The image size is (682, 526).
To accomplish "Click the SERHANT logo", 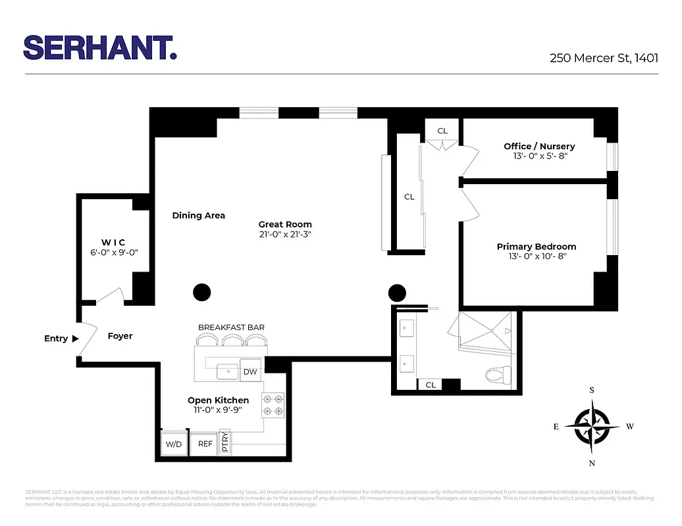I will tap(100, 47).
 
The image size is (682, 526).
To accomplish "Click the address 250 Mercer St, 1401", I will tap(604, 57).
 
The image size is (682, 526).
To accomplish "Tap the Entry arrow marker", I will tap(74, 339).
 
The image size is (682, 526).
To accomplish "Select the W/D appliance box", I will tap(174, 444).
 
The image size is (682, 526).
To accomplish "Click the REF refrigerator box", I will tap(205, 444).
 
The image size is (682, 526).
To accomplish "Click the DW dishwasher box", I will tap(249, 371).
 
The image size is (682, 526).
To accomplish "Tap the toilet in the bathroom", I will tap(494, 375).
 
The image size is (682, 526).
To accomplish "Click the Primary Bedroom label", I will tap(536, 247).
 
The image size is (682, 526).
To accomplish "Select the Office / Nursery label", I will tap(539, 146).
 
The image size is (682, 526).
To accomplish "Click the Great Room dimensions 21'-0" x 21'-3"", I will tap(284, 234).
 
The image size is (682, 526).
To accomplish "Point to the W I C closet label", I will tap(113, 242).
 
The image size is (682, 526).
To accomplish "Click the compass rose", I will tap(592, 426).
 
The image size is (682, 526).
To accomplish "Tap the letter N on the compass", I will tap(592, 463).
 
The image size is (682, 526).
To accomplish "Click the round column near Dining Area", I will tap(201, 292).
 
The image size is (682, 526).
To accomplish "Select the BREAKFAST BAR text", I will tap(231, 327).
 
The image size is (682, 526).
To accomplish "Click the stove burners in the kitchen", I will tap(273, 405).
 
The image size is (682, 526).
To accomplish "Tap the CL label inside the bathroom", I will tap(430, 385).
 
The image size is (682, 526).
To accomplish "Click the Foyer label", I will tap(120, 336).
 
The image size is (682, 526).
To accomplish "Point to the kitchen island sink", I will tap(228, 371).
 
